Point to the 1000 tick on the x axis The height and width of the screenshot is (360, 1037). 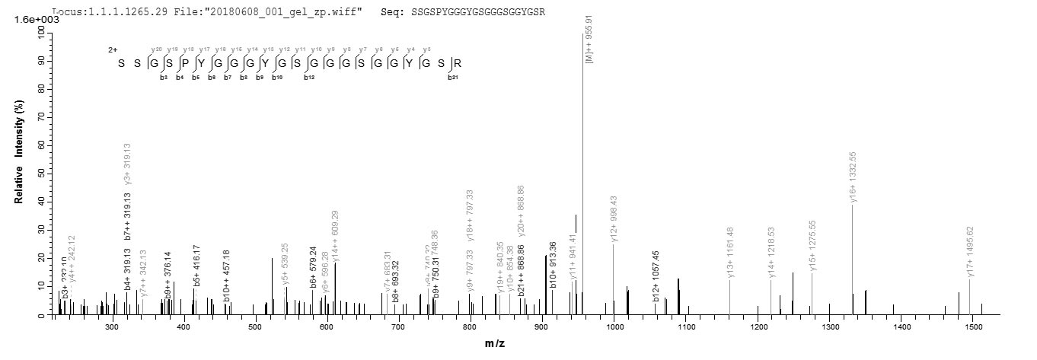(614, 327)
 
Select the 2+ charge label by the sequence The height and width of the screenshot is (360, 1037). (113, 49)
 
